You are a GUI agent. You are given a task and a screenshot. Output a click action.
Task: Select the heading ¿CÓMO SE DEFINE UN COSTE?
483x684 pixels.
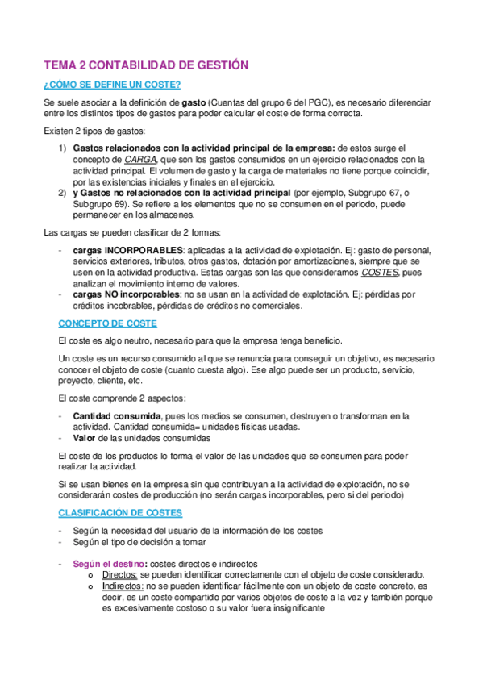(111, 85)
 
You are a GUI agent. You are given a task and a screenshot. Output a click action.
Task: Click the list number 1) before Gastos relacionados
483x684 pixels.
(63, 148)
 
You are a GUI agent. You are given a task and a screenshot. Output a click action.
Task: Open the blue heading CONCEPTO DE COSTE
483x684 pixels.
(107, 323)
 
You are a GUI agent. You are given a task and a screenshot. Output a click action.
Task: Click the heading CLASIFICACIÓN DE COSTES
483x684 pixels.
(120, 512)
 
